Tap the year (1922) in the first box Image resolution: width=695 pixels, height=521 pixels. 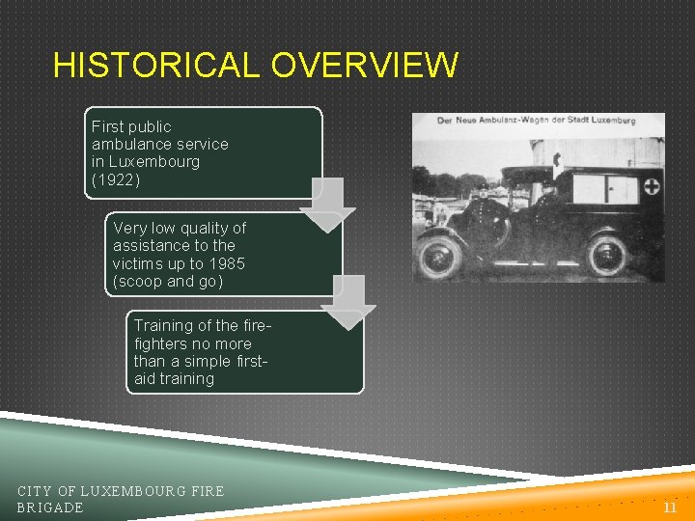pyautogui.click(x=116, y=178)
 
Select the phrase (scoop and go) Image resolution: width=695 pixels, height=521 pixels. pyautogui.click(x=167, y=281)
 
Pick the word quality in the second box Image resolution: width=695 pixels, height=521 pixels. pyautogui.click(x=201, y=228)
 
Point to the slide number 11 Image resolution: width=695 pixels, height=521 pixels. pyautogui.click(x=669, y=506)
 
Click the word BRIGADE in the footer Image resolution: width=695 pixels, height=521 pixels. pyautogui.click(x=50, y=507)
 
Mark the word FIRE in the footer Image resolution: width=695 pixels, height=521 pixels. pyautogui.click(x=208, y=491)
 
